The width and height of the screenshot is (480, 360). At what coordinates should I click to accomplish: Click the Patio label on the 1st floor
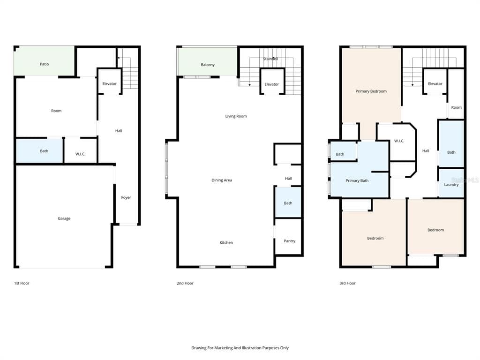(45, 64)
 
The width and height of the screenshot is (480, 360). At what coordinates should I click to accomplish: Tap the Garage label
(64, 218)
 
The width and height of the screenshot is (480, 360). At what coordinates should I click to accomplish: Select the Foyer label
(126, 197)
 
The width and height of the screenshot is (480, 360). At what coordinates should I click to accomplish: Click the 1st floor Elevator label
(109, 83)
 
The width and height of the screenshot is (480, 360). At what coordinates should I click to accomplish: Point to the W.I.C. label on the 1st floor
(80, 154)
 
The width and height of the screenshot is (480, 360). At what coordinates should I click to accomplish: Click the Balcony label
(208, 65)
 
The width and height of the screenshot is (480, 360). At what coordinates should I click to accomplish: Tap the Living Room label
(236, 116)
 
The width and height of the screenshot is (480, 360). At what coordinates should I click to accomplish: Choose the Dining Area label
(222, 180)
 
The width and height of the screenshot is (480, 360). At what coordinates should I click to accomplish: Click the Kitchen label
(226, 242)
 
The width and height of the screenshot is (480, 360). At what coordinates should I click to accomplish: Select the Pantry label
(289, 241)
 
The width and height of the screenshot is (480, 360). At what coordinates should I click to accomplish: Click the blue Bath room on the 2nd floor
(288, 202)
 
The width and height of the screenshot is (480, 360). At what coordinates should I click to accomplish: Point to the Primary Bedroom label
(371, 91)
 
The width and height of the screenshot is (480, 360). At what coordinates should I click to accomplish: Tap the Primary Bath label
(357, 180)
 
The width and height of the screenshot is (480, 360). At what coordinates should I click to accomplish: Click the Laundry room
(451, 183)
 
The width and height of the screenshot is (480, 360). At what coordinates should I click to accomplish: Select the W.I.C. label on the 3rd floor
(399, 141)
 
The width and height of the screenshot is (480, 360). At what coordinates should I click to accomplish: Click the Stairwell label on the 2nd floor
(270, 59)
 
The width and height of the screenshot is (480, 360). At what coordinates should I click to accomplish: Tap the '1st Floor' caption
(22, 283)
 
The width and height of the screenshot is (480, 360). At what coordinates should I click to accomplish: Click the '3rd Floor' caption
(347, 283)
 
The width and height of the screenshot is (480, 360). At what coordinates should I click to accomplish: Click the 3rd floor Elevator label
(435, 83)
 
